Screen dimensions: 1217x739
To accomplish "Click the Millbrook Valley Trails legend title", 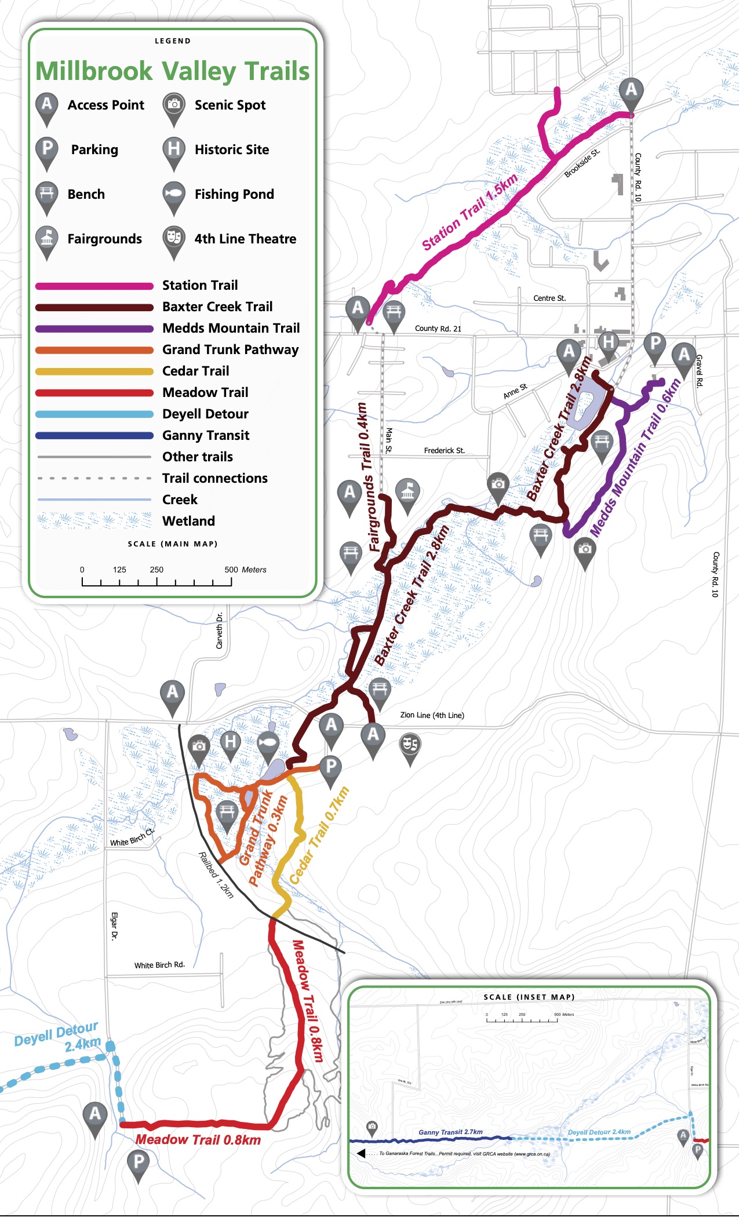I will click(173, 71).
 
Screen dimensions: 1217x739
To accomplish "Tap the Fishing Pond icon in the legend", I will click(173, 194).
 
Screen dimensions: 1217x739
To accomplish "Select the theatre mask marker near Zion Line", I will click(410, 744).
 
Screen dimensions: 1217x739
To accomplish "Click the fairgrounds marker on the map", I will click(407, 492).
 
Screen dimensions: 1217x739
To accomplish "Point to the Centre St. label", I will click(549, 298).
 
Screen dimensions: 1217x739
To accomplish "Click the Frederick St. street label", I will click(444, 450).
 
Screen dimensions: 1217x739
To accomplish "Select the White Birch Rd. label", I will click(159, 965).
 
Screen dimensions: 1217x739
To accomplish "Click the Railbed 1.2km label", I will click(216, 875).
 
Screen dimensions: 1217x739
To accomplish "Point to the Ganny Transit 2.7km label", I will click(450, 1132).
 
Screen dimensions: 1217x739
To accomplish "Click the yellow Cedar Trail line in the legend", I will click(94, 371).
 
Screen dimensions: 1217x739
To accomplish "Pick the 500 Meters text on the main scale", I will click(245, 570).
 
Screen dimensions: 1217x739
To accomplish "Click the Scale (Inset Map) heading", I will click(529, 997).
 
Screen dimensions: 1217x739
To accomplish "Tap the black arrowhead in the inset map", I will click(361, 1153).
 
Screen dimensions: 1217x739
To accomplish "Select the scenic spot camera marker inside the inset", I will click(372, 1127).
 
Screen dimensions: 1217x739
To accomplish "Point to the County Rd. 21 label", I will click(438, 328).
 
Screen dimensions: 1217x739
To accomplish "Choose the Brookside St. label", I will click(582, 163).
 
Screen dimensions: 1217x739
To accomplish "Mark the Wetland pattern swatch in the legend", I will click(94, 521).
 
